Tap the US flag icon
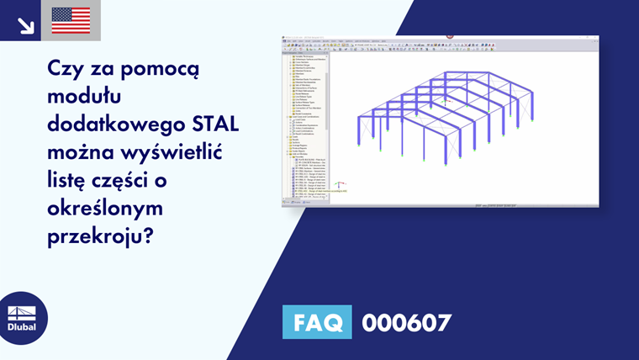[71, 20]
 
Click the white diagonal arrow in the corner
[24, 22]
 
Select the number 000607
[406, 322]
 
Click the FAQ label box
[317, 322]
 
